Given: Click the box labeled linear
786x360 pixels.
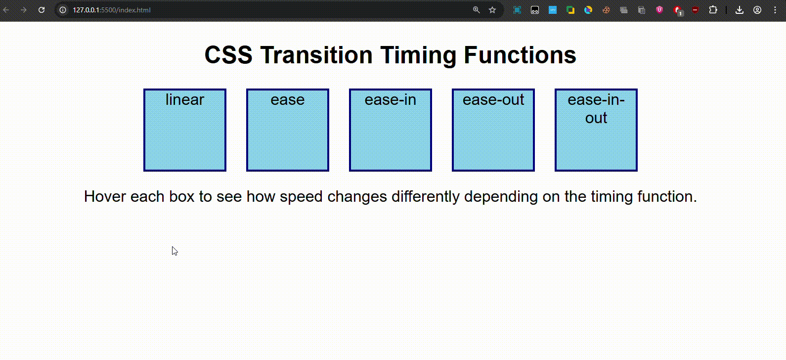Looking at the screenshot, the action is click(185, 130).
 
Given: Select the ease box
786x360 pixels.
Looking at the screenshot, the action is click(288, 130).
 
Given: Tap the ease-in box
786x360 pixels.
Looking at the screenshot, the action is click(391, 130).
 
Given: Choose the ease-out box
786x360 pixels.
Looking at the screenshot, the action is click(493, 130).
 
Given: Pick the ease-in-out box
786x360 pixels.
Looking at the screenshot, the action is click(596, 130).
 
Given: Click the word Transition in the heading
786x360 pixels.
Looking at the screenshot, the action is click(316, 55).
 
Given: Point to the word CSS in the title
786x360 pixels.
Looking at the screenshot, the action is click(228, 55).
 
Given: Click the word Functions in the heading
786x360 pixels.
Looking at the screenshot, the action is click(520, 55).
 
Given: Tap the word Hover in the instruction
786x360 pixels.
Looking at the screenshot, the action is click(105, 196).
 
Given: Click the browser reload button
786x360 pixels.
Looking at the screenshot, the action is click(42, 10).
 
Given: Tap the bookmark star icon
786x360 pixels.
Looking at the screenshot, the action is click(492, 10).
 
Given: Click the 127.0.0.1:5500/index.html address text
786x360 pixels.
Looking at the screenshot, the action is click(112, 10).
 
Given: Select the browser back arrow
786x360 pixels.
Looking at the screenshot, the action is click(6, 10).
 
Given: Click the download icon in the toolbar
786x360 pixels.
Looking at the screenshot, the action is click(740, 10).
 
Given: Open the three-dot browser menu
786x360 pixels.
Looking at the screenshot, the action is click(775, 10).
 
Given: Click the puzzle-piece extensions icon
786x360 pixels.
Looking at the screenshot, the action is click(713, 10).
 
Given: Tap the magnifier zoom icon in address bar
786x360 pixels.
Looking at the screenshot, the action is click(476, 10).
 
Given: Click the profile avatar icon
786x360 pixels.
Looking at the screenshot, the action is click(757, 10).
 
